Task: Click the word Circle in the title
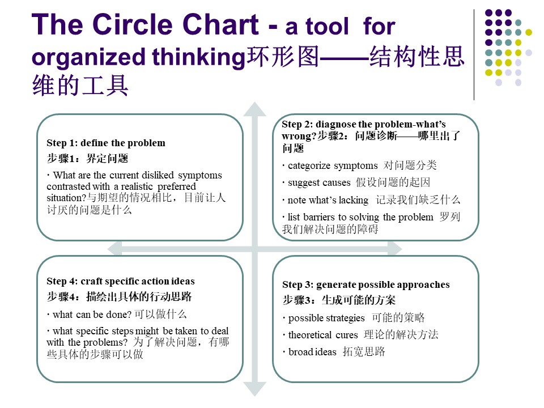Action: (x=132, y=24)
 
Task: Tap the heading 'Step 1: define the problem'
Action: (x=106, y=143)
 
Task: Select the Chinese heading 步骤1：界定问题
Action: (x=87, y=159)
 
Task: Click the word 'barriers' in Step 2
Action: (x=318, y=217)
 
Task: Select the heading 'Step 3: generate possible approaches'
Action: (x=366, y=285)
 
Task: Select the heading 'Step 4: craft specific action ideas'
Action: (x=120, y=281)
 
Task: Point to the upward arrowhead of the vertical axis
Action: (x=254, y=109)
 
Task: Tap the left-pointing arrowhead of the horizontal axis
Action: (x=114, y=249)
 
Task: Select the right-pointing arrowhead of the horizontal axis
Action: (x=395, y=249)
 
